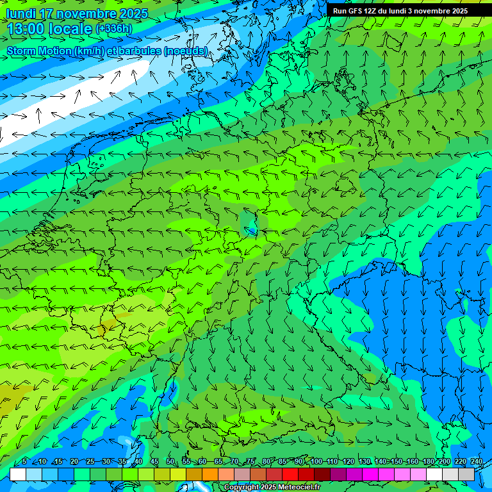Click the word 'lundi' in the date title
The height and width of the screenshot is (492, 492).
pyautogui.click(x=21, y=13)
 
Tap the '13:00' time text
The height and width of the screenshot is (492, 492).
pyautogui.click(x=26, y=29)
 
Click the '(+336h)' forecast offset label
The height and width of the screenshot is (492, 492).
pyautogui.click(x=114, y=29)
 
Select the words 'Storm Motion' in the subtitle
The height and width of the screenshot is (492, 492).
pyautogui.click(x=39, y=51)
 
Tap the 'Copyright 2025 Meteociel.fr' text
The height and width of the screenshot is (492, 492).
pyautogui.click(x=272, y=488)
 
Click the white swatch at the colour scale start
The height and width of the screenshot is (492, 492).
pyautogui.click(x=18, y=475)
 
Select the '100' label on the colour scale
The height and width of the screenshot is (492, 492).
pyautogui.click(x=316, y=462)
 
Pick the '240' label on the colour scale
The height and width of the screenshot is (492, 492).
pyautogui.click(x=477, y=462)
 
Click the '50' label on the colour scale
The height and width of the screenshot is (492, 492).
pyautogui.click(x=170, y=462)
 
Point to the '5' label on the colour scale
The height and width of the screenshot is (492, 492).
pyautogui.click(x=24, y=462)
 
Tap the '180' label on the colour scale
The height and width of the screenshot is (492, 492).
pyautogui.click(x=429, y=462)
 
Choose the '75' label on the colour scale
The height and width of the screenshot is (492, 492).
pyautogui.click(x=251, y=462)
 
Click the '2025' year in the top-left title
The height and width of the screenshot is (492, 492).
pyautogui.click(x=133, y=13)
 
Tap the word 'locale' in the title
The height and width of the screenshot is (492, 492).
pyautogui.click(x=71, y=29)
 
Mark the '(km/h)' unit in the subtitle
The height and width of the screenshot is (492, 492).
pyautogui.click(x=90, y=51)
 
